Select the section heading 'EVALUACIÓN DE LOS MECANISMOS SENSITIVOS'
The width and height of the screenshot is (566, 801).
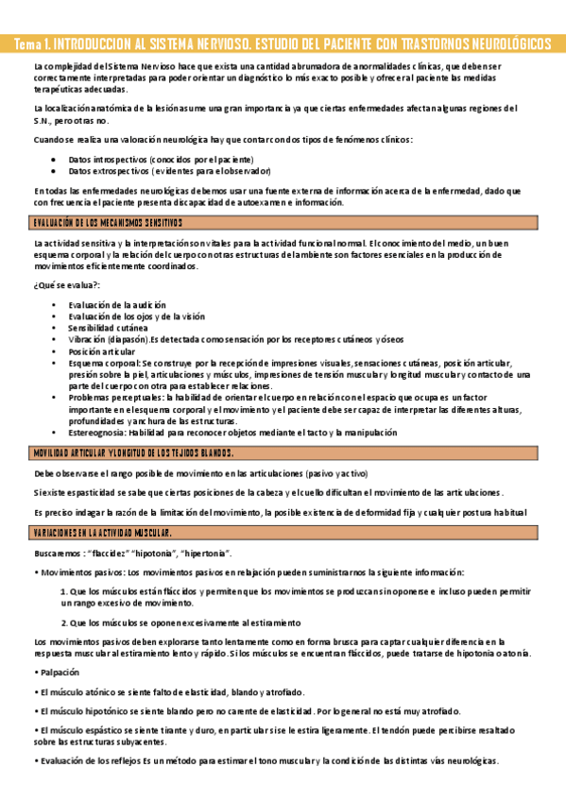tap(108, 223)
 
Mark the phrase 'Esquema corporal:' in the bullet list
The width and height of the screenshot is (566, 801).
tap(104, 362)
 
